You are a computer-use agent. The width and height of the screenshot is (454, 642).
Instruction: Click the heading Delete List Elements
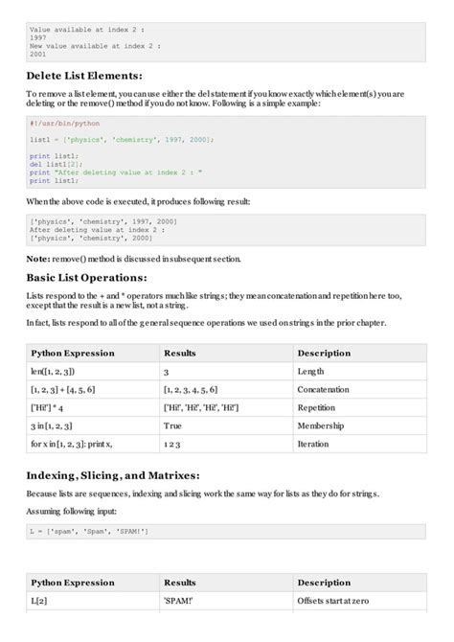pyautogui.click(x=83, y=75)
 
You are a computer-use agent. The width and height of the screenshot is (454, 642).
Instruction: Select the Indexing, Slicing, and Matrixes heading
pyautogui.click(x=113, y=476)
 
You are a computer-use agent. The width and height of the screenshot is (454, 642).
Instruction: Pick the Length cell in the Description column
pyautogui.click(x=317, y=371)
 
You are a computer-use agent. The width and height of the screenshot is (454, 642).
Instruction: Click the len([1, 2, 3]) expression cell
pyautogui.click(x=53, y=371)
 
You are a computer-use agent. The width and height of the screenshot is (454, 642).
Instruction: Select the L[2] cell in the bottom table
pyautogui.click(x=40, y=602)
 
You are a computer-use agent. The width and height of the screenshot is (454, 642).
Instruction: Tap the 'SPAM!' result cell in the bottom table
pyautogui.click(x=178, y=602)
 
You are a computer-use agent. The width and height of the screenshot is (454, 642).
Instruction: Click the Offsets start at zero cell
pyautogui.click(x=340, y=602)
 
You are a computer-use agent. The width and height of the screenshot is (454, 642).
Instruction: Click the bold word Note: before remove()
pyautogui.click(x=38, y=259)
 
